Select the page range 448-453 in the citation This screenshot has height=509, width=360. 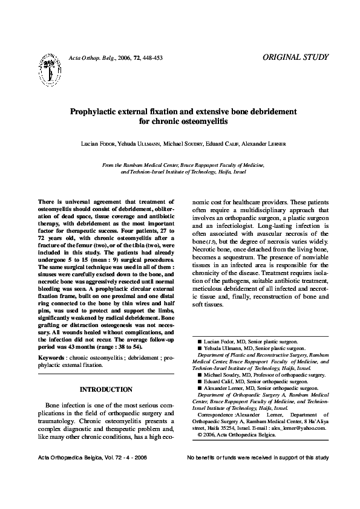pyautogui.click(x=152, y=58)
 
